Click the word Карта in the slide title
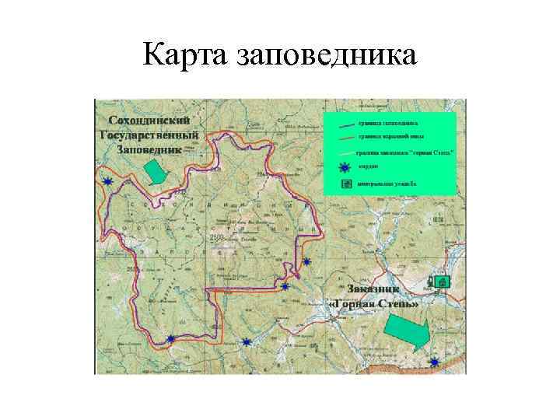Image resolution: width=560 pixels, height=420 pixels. (187, 55)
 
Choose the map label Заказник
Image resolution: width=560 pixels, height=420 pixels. (375, 290)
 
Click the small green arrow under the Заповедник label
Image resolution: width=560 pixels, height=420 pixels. (156, 170)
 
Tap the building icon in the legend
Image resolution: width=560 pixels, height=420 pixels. (343, 184)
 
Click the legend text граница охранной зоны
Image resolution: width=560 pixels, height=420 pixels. (386, 138)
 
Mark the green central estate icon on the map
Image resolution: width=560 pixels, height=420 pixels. (442, 282)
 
